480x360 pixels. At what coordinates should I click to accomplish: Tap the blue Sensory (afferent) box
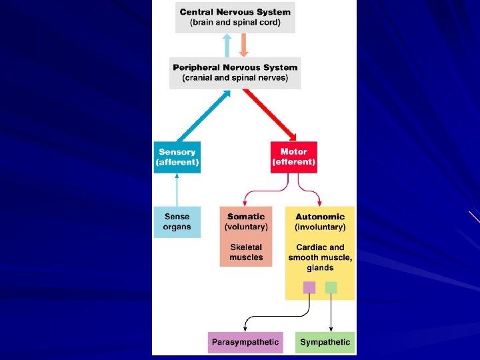[x=177, y=157]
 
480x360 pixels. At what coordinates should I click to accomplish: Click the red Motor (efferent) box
[x=293, y=157]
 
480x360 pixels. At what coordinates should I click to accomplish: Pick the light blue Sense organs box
[x=177, y=222]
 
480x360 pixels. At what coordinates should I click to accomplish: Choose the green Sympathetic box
[x=325, y=342]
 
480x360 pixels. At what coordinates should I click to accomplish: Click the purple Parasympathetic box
[x=245, y=342]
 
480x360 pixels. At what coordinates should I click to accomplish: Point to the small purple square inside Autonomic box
[x=309, y=287]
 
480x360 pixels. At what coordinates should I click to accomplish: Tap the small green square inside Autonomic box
[x=331, y=287]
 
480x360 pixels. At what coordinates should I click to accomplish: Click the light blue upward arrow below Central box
[x=227, y=45]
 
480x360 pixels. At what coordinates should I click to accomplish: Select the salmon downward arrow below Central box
[x=243, y=45]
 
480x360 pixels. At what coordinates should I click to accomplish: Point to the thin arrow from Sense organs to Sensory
[x=177, y=190]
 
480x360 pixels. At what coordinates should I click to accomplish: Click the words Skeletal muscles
[x=246, y=252]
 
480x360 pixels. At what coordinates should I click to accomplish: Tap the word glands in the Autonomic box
[x=320, y=268]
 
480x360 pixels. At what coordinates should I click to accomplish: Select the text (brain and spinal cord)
[x=235, y=23]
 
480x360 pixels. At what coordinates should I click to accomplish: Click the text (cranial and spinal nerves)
[x=235, y=78]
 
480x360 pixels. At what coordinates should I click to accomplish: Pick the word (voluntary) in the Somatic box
[x=246, y=227]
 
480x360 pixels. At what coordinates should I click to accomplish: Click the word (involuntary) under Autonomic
[x=320, y=227]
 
